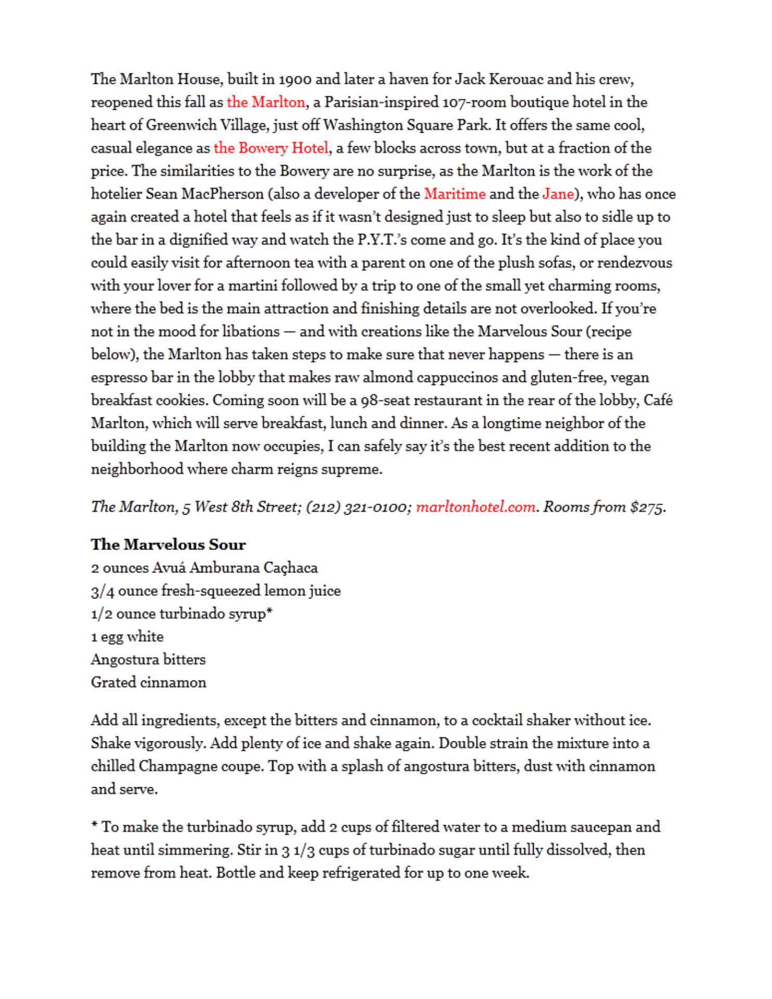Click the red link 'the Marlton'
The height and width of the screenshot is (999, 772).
[x=266, y=102]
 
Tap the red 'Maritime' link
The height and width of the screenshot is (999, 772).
[x=455, y=194]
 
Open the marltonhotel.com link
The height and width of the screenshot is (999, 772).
[x=476, y=507]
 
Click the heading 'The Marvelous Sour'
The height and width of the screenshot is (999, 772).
[x=168, y=545]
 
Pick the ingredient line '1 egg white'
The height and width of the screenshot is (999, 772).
[x=127, y=637]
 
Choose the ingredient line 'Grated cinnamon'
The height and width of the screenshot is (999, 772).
[x=148, y=683]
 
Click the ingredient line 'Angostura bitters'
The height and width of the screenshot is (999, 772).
[x=148, y=660]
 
